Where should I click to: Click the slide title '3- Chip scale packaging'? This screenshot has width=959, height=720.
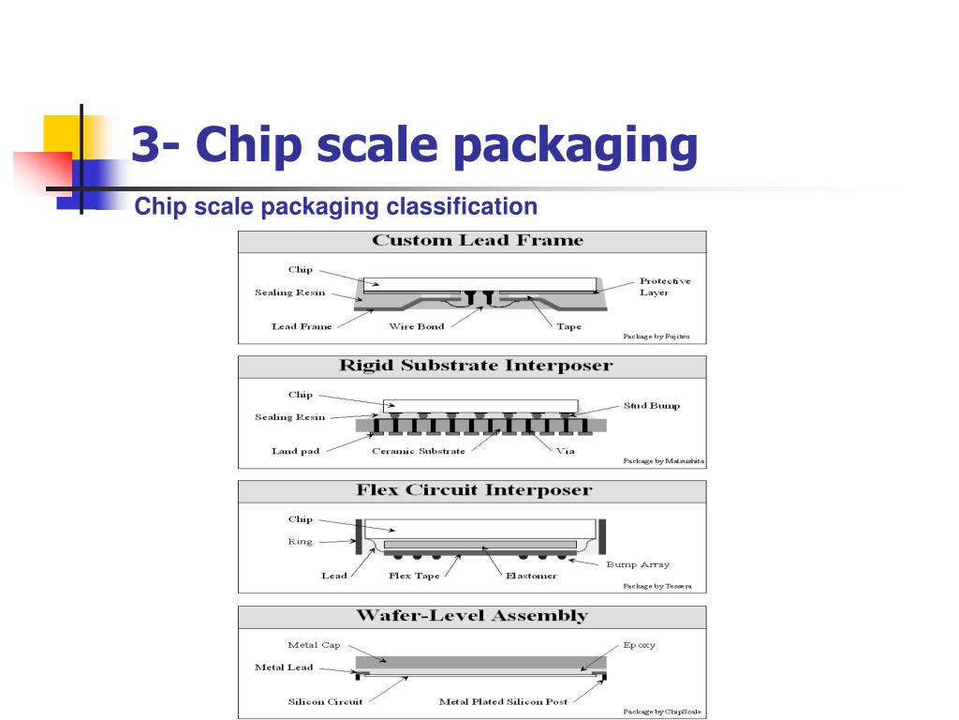(x=415, y=144)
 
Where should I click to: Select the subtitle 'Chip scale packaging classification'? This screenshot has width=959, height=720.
(x=336, y=206)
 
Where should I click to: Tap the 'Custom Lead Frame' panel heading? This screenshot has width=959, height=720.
(x=478, y=240)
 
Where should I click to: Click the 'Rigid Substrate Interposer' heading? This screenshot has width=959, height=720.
(x=476, y=365)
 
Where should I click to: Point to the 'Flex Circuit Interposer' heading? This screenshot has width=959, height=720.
(x=475, y=489)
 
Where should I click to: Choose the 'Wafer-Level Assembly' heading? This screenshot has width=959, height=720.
(x=472, y=615)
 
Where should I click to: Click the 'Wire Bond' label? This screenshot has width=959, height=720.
(x=417, y=326)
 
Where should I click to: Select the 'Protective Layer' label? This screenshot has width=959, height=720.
(x=665, y=287)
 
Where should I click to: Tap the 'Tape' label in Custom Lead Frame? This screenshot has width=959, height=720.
(x=568, y=327)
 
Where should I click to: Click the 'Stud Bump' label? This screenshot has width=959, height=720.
(x=652, y=405)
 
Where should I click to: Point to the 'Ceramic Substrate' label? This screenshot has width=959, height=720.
(x=419, y=451)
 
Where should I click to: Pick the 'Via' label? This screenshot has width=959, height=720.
(x=565, y=451)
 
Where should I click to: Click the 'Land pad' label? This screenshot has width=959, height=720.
(x=295, y=451)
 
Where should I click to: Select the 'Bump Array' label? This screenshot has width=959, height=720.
(x=638, y=564)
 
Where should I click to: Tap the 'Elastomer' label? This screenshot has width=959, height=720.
(x=532, y=576)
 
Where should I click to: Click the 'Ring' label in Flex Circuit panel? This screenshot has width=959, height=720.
(x=301, y=542)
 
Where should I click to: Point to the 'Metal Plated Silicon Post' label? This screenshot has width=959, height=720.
(x=503, y=701)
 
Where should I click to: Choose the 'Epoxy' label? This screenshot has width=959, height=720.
(x=639, y=645)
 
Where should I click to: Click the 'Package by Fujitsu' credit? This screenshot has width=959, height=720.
(x=657, y=337)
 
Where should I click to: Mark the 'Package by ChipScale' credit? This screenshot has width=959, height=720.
(x=662, y=712)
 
